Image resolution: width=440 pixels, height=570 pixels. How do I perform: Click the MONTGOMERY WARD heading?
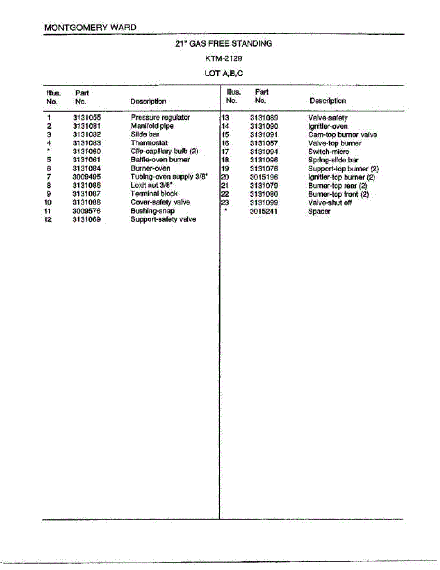[90, 28]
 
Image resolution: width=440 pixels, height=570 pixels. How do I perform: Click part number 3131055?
[86, 117]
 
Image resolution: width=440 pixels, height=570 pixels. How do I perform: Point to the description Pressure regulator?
[160, 117]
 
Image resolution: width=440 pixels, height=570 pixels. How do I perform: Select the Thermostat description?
[149, 143]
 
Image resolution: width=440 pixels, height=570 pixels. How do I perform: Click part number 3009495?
[86, 177]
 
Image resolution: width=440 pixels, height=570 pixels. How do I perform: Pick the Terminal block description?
[154, 194]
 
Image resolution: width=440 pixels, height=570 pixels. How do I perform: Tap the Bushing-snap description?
[152, 211]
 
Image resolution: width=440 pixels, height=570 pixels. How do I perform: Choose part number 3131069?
[86, 219]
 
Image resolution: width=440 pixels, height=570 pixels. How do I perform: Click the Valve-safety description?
[328, 118]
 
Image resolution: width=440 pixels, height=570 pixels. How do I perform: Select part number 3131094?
[264, 152]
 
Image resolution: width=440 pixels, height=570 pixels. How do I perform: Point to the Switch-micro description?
[328, 152]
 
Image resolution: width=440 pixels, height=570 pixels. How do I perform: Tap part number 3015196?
[264, 177]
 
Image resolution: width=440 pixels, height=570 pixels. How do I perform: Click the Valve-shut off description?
[330, 203]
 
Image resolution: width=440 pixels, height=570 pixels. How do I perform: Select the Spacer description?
[319, 211]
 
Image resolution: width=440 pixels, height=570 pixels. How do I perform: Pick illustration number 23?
[225, 203]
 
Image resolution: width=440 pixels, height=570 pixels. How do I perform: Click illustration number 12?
[48, 219]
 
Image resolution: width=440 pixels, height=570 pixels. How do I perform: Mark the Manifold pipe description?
[152, 126]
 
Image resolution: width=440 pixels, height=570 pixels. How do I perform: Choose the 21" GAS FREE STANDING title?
[224, 44]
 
